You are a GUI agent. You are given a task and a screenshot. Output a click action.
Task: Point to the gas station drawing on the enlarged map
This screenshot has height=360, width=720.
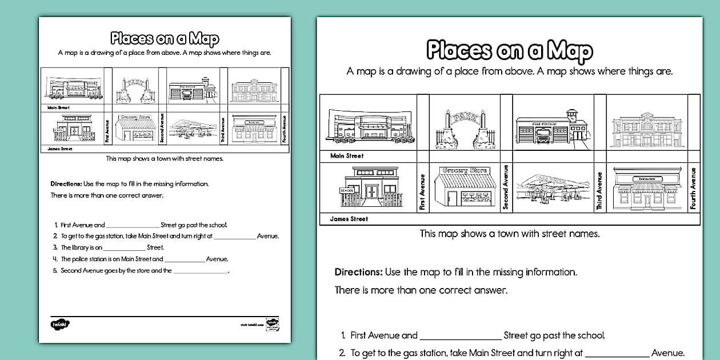click(x=549, y=189)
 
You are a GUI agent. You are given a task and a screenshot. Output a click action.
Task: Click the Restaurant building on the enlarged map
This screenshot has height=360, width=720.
click(x=644, y=188)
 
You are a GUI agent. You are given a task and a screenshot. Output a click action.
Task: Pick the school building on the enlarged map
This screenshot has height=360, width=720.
click(x=369, y=187)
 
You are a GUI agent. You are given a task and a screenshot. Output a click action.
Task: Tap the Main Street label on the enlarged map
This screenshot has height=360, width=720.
click(x=347, y=155)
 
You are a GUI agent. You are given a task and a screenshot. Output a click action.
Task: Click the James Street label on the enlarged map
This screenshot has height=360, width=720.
click(x=349, y=219)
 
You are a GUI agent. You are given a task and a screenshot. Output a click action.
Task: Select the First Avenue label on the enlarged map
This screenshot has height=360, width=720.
click(x=423, y=193)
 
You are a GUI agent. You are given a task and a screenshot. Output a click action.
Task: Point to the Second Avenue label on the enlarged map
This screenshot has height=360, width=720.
click(x=506, y=187)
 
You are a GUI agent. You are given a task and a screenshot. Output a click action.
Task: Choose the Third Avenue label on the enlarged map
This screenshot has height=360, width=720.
click(x=599, y=190)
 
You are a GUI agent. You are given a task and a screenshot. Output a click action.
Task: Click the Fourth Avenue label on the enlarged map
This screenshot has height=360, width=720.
click(x=693, y=188)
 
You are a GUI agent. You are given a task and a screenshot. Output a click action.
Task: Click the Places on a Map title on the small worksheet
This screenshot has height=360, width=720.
click(x=165, y=39)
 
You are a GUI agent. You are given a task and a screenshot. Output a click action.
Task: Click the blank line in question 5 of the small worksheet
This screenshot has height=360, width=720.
click(x=200, y=271)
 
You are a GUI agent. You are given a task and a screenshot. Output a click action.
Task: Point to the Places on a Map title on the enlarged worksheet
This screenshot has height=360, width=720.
click(x=510, y=51)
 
